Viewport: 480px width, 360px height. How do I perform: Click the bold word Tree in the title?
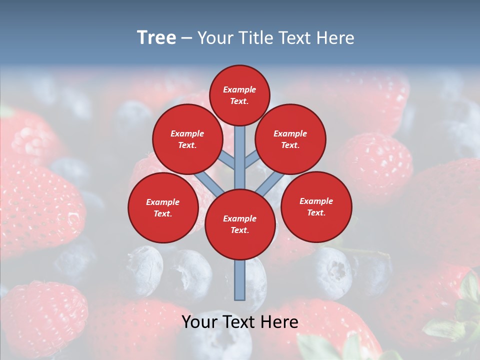tap(156, 38)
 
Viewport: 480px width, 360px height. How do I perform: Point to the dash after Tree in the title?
tap(187, 38)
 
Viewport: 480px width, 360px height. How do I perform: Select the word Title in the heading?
tap(255, 38)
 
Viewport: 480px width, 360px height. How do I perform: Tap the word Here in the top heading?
tap(334, 38)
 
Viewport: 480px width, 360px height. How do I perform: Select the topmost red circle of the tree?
tap(239, 95)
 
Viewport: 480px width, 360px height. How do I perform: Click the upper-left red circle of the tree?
tap(187, 139)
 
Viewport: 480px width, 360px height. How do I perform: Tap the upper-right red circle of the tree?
tap(290, 139)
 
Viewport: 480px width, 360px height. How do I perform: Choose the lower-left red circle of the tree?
tap(163, 208)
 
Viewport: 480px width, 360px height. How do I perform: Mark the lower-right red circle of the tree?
tap(316, 207)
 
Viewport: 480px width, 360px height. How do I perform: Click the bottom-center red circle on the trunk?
tap(240, 224)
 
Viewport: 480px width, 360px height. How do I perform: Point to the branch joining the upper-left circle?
tap(227, 161)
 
